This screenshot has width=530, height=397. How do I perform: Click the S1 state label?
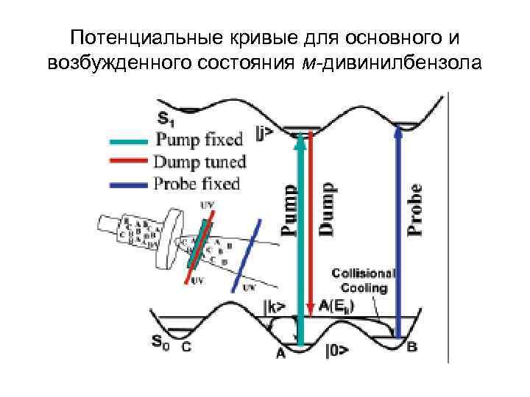(x=166, y=117)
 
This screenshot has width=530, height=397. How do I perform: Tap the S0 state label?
(x=163, y=341)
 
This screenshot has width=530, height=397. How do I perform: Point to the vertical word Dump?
(x=328, y=210)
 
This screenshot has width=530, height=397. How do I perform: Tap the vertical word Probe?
(x=417, y=210)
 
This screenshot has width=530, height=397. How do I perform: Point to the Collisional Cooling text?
(x=364, y=280)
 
